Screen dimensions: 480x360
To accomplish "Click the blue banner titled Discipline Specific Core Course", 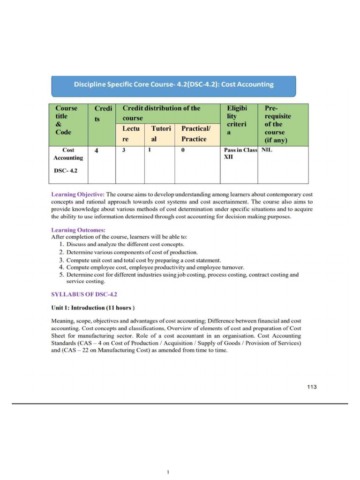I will tap(173, 85).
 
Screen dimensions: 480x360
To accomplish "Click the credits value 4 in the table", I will tap(97, 151).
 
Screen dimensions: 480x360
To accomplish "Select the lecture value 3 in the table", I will tap(124, 150).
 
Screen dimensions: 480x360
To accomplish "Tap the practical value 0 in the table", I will tap(183, 150).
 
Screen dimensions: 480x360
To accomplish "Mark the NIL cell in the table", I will tap(266, 150).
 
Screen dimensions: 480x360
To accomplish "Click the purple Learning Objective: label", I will tap(78, 194).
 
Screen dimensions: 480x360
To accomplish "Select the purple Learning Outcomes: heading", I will tap(78, 230).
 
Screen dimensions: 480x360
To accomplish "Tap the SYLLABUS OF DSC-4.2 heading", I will tap(83, 294).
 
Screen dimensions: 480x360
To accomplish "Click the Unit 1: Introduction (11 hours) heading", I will tap(93, 308).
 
